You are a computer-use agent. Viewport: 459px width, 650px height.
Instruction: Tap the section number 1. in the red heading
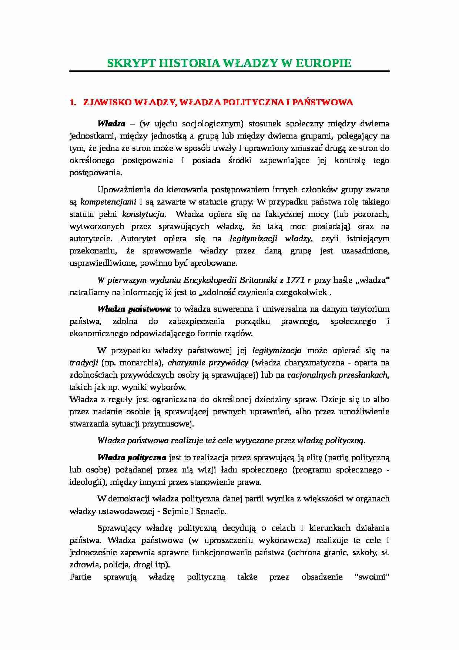73,103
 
